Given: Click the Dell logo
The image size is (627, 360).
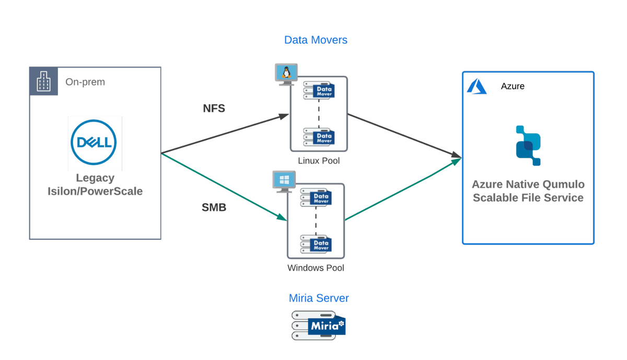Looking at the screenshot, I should (x=95, y=143).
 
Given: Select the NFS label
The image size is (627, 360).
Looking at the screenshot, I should (x=214, y=109).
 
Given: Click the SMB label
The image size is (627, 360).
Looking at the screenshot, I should (x=214, y=207).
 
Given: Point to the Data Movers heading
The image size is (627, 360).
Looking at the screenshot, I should (x=316, y=40).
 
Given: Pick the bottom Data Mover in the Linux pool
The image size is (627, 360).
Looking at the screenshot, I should (x=319, y=137).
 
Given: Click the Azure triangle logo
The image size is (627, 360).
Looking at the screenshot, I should (x=477, y=86).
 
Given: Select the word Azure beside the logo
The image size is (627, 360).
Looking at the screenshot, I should (x=513, y=86).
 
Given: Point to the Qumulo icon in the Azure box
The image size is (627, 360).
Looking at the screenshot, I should (x=528, y=145).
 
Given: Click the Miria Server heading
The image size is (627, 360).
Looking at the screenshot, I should (x=319, y=298).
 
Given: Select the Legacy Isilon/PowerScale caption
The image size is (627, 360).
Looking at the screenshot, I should (x=95, y=185).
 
